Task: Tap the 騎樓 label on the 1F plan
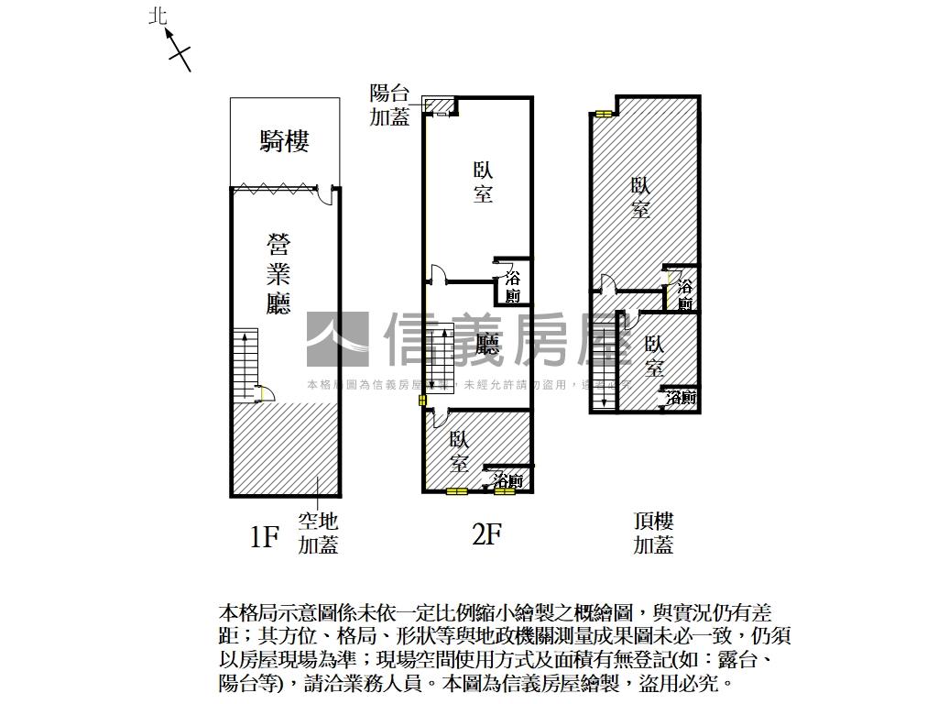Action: point(284,141)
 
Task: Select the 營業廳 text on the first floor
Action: point(278,274)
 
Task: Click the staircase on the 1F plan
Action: point(246,365)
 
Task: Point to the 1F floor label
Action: point(264,535)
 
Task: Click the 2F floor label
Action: point(486,533)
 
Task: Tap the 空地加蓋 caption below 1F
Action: point(318,533)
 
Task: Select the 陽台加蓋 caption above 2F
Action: point(389,104)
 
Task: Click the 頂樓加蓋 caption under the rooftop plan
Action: point(654,533)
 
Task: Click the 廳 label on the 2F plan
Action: point(488,344)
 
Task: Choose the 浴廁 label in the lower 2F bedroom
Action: point(507,480)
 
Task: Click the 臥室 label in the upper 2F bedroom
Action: point(483,181)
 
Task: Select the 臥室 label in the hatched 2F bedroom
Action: point(460,452)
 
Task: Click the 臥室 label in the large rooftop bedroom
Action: point(640,197)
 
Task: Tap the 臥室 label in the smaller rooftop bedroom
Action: point(654,357)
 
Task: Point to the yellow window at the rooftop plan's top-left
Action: point(603,115)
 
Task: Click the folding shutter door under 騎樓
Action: point(274,189)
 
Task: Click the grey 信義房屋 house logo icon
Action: point(337,339)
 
